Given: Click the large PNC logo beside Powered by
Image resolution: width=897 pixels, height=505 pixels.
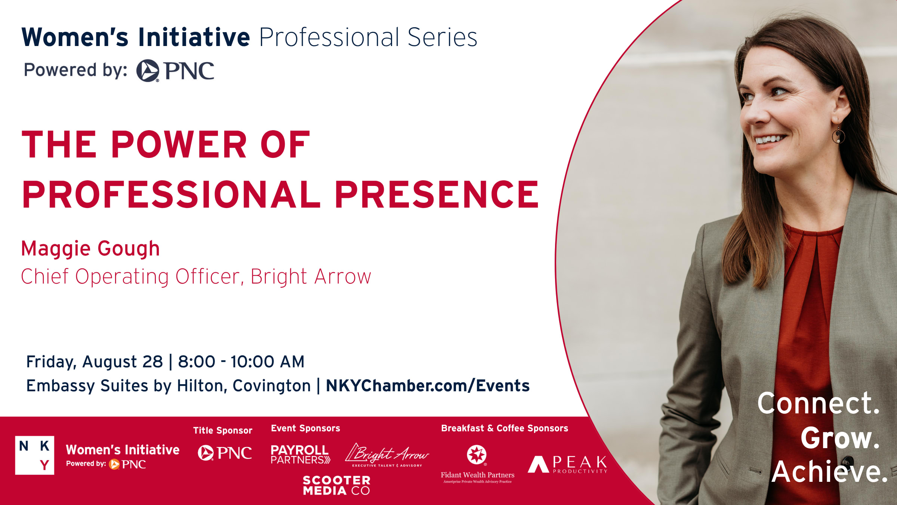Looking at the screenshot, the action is tap(175, 70).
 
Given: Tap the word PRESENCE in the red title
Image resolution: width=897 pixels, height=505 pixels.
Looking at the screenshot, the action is tap(437, 194).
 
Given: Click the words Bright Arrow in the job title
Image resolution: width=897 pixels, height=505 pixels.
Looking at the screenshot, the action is tap(311, 277).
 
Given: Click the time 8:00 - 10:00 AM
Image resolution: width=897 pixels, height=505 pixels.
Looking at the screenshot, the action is tap(241, 362).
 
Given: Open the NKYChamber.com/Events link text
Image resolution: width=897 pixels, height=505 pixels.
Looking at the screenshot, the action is tap(428, 386).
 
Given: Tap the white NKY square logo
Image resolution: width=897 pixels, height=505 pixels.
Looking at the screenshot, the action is tap(35, 455).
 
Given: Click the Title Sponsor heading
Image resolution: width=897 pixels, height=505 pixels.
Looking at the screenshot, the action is tap(223, 431).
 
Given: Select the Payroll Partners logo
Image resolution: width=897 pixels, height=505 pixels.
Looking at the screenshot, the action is tap(300, 454).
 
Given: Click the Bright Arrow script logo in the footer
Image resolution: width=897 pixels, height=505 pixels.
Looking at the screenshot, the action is tap(387, 455).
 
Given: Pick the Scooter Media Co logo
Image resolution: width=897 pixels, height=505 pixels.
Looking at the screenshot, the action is tap(337, 486).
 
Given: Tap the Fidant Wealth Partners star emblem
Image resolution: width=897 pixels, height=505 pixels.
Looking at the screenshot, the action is tap(477, 454).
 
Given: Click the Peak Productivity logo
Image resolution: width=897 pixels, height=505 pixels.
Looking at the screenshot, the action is tap(568, 465).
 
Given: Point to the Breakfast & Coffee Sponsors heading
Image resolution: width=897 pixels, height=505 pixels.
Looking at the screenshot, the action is tap(505, 428).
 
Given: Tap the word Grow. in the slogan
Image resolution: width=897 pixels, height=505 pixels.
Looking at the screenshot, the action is tap(840, 438).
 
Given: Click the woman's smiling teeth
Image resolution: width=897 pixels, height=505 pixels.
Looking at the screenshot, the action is tap(770, 140).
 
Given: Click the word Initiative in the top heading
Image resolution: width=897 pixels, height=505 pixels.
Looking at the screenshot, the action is tap(194, 37).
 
